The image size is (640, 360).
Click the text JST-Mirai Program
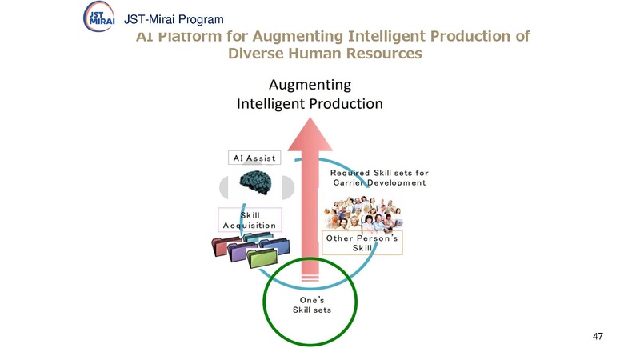click(169, 19)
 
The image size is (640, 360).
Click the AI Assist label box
click(254, 158)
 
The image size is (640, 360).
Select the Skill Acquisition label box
click(250, 220)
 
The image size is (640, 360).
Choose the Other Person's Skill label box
click(362, 243)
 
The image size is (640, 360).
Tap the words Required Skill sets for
click(379, 172)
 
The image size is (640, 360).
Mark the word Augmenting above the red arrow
click(309, 84)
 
